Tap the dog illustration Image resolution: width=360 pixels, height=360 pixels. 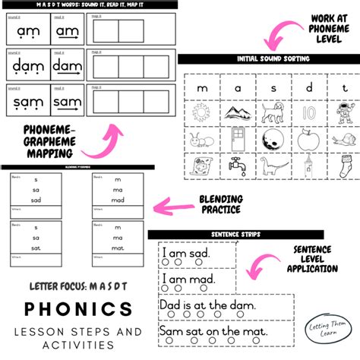tap(273, 113)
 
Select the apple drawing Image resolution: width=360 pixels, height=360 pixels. tap(306, 138)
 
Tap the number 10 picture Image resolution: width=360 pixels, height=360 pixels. tap(306, 113)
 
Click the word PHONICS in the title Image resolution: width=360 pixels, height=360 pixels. tap(77, 309)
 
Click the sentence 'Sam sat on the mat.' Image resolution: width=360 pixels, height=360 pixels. tap(215, 332)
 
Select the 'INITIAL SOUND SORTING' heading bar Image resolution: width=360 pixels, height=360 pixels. tap(268, 59)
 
